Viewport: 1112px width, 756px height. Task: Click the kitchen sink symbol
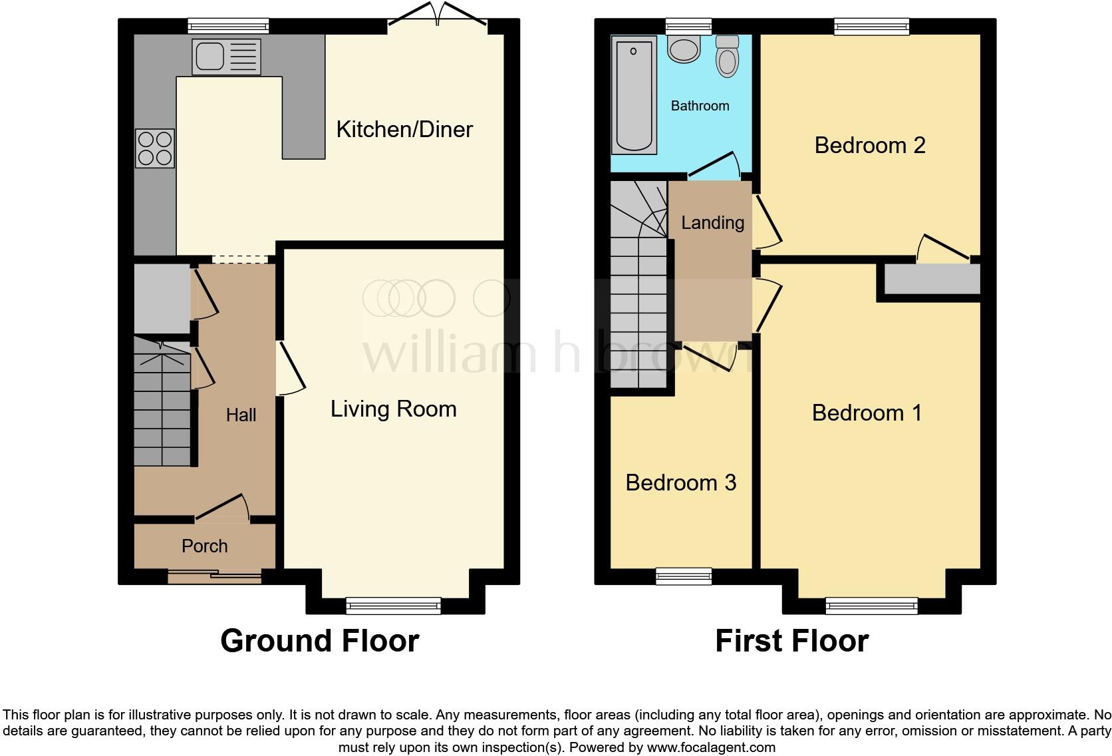point(226,57)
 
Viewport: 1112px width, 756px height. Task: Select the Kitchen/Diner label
point(404,129)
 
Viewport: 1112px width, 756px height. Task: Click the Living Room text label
point(393,409)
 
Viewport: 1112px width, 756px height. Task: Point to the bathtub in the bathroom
point(634,95)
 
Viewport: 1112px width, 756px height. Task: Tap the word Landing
point(712,222)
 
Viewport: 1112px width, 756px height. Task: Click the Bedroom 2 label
point(869,145)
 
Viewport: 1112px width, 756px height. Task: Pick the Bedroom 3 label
point(680,482)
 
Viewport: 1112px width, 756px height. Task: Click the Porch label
point(204,546)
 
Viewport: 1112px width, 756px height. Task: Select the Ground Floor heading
point(319,641)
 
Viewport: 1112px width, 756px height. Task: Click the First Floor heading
point(791,641)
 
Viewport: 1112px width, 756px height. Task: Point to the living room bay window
point(393,605)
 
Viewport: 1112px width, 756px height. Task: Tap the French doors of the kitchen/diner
point(438,17)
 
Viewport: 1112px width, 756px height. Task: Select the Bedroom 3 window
point(683,576)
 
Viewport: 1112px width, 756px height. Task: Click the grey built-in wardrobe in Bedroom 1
point(932,279)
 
